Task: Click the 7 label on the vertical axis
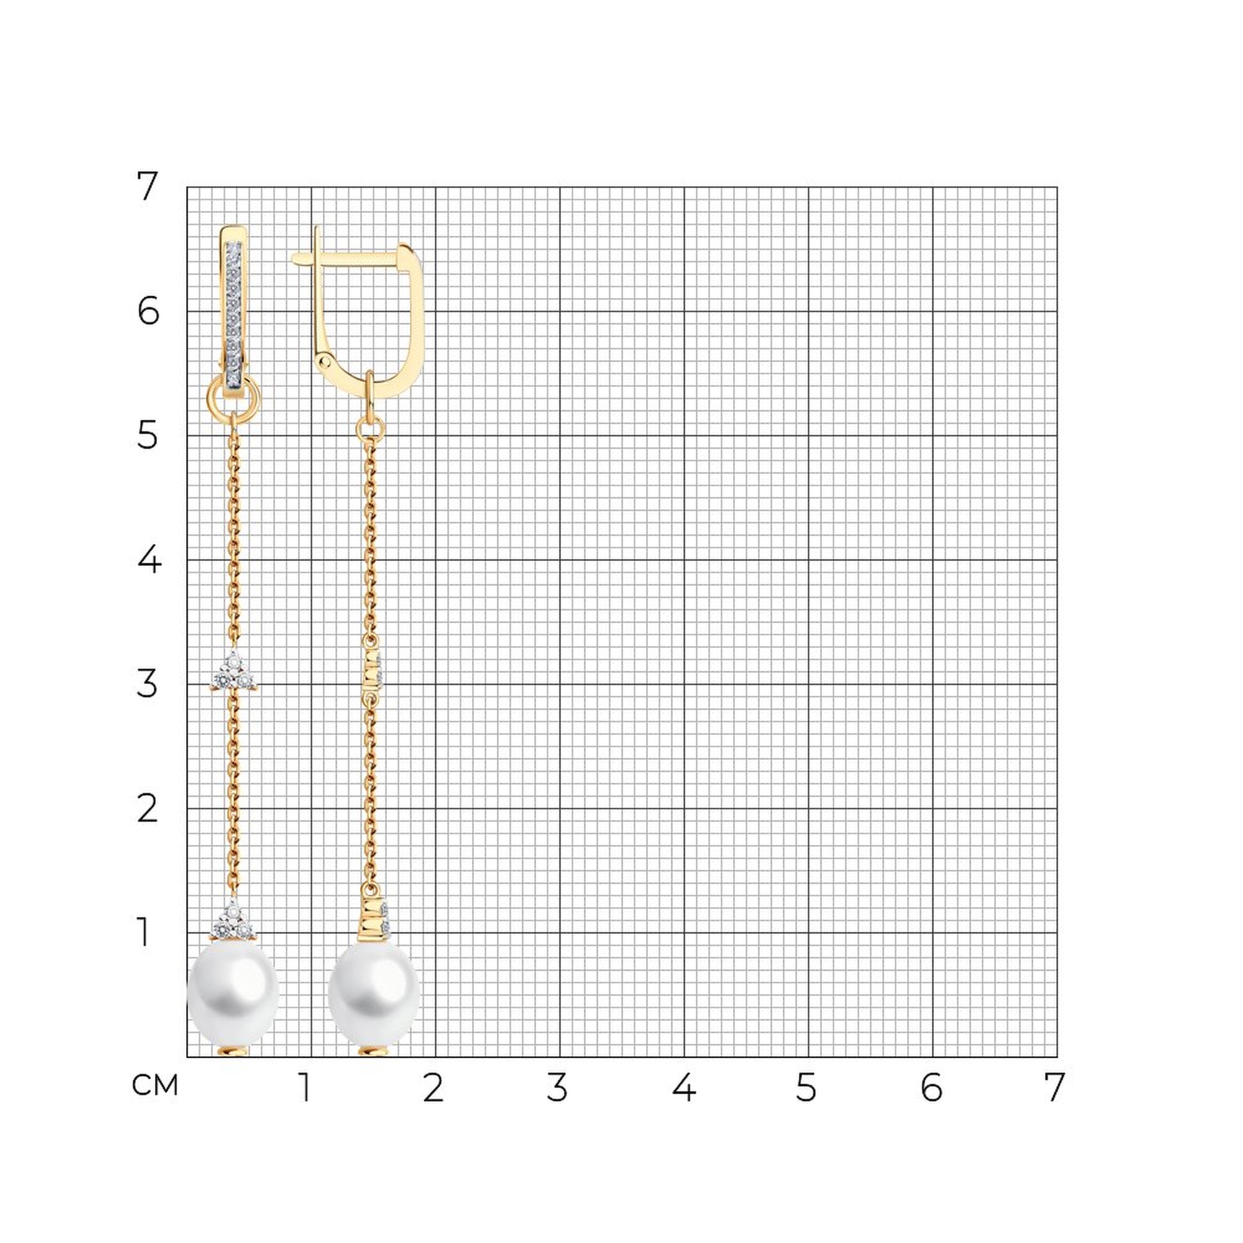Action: [x=147, y=186]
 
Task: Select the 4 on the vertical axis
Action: [x=149, y=560]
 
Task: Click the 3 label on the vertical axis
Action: [x=147, y=684]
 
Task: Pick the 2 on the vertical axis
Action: [x=147, y=809]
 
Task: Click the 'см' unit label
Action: [x=154, y=1085]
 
